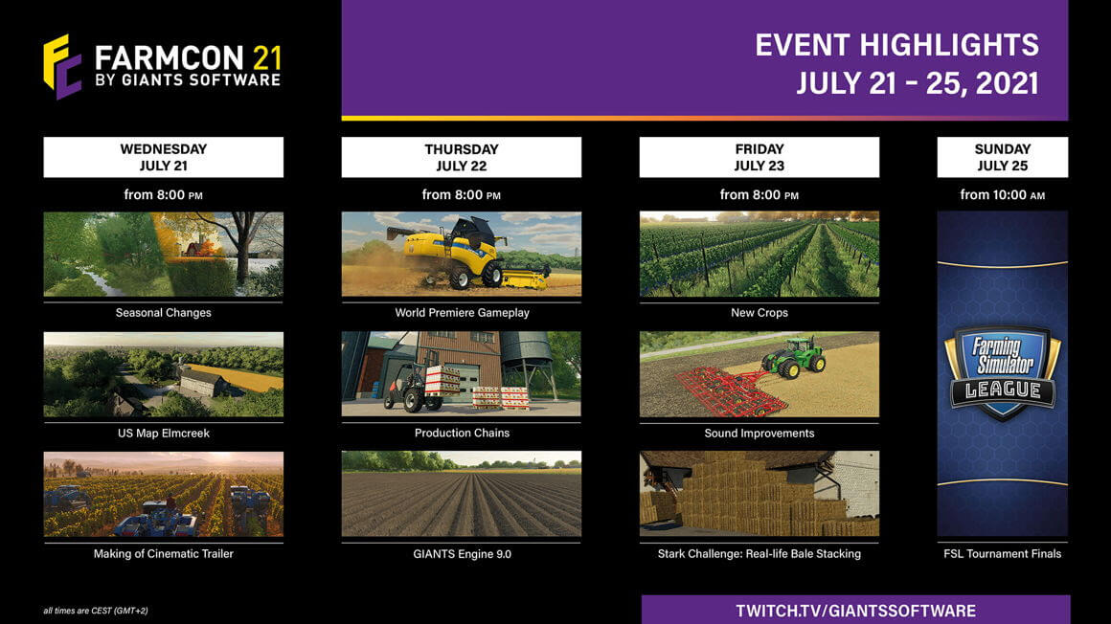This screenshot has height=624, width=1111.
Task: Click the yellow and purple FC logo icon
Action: pos(62,66)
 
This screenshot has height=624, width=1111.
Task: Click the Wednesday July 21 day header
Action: pos(163,157)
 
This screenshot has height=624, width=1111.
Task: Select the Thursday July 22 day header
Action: pos(461,157)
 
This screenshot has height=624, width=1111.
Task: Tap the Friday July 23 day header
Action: pos(759,157)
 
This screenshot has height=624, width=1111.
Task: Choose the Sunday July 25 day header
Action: pos(1002,157)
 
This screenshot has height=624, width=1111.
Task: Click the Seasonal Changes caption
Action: pos(163,313)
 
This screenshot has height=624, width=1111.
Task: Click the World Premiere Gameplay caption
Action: pos(462,313)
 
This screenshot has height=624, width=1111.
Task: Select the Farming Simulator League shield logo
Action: pos(1002,372)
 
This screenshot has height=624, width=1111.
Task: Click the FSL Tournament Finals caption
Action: pos(1002,553)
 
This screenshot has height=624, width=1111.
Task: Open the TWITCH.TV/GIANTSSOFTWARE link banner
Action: pos(855,611)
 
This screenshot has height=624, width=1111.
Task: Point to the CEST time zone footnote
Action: pos(96,611)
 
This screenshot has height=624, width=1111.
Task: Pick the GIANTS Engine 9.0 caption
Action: pos(462,553)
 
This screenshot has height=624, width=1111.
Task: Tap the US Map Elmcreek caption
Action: pos(163,434)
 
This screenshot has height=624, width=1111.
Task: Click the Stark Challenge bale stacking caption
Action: pos(759,553)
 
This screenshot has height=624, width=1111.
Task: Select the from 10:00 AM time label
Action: pos(1002,195)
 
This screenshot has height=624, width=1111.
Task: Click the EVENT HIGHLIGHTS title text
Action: pos(896,45)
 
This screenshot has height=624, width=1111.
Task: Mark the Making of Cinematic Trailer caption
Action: pos(163,553)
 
